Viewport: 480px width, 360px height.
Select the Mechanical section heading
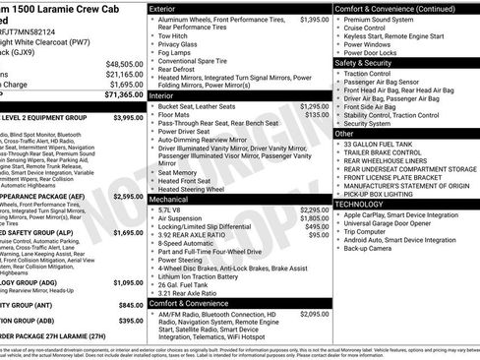pos(169,198)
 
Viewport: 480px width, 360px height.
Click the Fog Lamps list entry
pos(177,53)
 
